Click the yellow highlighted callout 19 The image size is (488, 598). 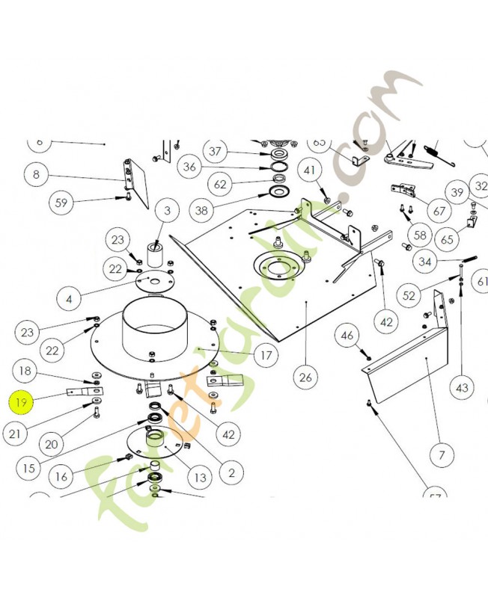(22, 403)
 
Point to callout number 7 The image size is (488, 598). (442, 454)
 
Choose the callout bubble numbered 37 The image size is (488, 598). (216, 152)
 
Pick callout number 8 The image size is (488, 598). (36, 175)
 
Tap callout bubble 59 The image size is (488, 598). (62, 202)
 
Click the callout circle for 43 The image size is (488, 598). (462, 389)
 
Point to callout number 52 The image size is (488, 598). (409, 296)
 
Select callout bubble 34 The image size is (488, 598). (425, 262)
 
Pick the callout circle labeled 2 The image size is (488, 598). (231, 472)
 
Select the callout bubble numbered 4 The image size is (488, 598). (70, 298)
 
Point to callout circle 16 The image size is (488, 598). (61, 475)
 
